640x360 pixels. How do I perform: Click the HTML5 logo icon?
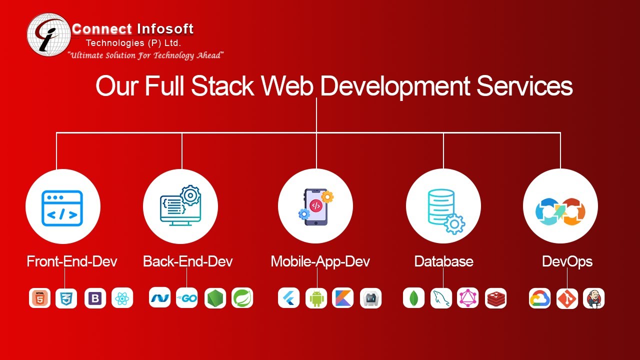[x=39, y=298]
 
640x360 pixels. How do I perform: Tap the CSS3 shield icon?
[x=66, y=298]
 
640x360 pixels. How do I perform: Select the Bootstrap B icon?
[x=95, y=298]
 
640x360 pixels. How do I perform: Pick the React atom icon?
[x=122, y=298]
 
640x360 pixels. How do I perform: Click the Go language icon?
[x=187, y=298]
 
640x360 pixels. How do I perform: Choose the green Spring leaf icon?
[x=242, y=298]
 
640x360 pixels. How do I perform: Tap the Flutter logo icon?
[x=289, y=298]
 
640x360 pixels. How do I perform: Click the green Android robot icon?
[x=316, y=298]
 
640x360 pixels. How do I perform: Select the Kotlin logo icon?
[x=343, y=298]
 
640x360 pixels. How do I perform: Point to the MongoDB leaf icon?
[x=413, y=298]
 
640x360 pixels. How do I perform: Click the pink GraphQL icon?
[x=468, y=298]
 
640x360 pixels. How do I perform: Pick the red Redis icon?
[x=495, y=298]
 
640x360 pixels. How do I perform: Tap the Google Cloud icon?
[x=539, y=298]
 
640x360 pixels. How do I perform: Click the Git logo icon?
[x=567, y=298]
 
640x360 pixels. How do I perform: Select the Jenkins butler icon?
[x=594, y=298]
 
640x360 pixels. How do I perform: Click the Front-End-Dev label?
[x=72, y=261]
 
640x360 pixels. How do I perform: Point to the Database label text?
[x=443, y=261]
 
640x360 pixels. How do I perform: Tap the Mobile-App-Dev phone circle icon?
[x=315, y=206]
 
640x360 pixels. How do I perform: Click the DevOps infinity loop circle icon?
[x=560, y=206]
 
